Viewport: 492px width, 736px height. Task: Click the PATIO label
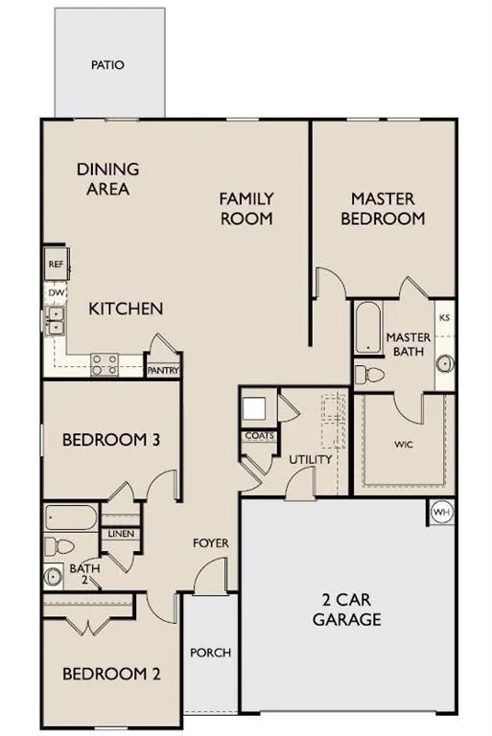108,66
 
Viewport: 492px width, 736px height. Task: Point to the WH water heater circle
441,512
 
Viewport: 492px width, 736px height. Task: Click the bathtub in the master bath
368,329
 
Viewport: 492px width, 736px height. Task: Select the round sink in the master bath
444,365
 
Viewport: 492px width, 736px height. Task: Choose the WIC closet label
403,445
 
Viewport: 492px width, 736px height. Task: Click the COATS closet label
259,436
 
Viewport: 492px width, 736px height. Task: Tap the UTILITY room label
311,460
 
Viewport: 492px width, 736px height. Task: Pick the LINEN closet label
121,534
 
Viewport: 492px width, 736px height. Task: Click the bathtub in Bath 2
70,518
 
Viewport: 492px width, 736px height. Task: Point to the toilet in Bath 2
60,547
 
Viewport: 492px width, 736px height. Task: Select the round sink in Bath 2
53,577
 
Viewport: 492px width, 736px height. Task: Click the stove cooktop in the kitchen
104,363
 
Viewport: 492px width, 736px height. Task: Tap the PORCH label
210,653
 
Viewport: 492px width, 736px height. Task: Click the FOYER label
211,543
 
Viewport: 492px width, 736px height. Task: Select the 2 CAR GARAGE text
346,609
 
